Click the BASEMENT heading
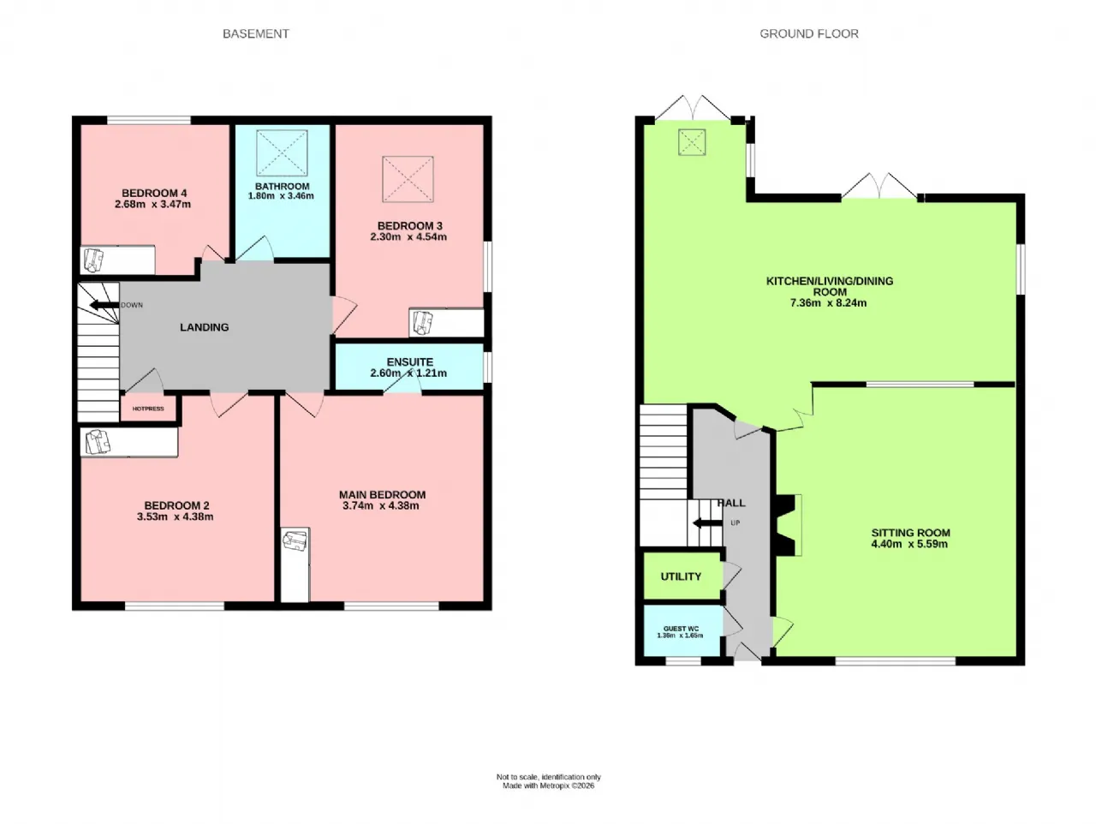[255, 34]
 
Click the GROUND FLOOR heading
[809, 34]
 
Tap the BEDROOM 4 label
[154, 194]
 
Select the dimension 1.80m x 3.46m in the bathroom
[281, 196]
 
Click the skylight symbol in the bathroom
[282, 152]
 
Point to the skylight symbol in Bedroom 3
[408, 179]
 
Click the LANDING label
[204, 327]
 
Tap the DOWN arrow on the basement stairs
[105, 305]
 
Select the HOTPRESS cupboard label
[148, 409]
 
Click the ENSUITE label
[409, 362]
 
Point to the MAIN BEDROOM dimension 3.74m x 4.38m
[381, 506]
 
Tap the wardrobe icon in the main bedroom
[295, 541]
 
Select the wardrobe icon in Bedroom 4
[92, 259]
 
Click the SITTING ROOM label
[910, 533]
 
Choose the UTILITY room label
[681, 576]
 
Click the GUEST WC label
[681, 629]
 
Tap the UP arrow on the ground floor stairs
[707, 522]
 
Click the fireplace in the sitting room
[789, 524]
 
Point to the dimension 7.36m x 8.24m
[828, 303]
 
